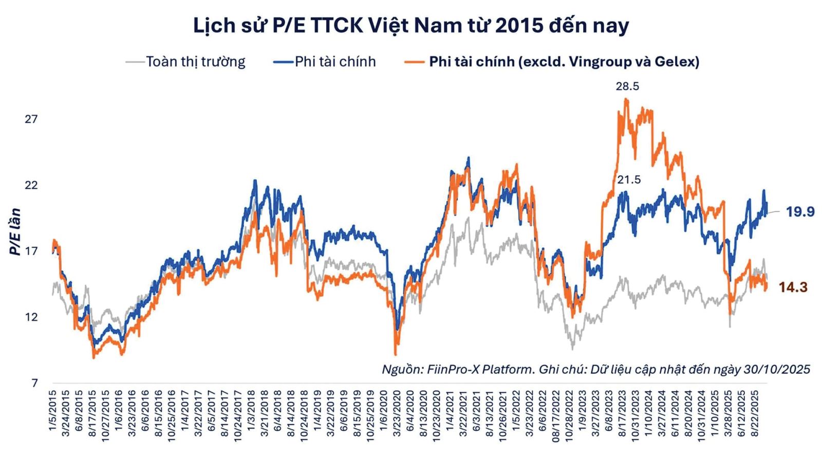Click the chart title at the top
click(x=411, y=25)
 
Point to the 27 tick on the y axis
click(x=31, y=119)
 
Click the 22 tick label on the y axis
click(x=31, y=185)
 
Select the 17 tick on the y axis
click(x=31, y=251)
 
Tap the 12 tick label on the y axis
click(x=31, y=317)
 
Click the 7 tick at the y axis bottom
click(x=34, y=383)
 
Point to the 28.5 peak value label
click(x=627, y=86)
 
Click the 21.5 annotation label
click(x=629, y=179)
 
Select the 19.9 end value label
click(x=800, y=211)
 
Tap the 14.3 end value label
click(x=793, y=287)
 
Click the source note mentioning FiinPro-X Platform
click(x=596, y=369)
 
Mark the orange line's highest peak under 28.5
click(x=626, y=99)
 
